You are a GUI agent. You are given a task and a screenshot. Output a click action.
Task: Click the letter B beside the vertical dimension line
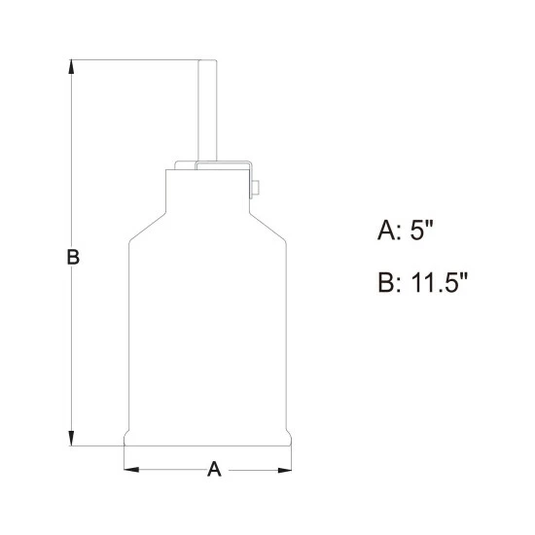coord(73,257)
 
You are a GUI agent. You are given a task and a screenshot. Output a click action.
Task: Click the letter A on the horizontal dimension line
coord(214,469)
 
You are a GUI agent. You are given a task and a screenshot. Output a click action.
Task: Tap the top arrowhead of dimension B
coord(71,66)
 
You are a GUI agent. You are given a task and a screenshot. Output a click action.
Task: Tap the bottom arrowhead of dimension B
coord(71,439)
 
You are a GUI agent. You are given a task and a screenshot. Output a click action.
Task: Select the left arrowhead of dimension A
coord(131,470)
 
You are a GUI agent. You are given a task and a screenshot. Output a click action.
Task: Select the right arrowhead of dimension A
coord(285,470)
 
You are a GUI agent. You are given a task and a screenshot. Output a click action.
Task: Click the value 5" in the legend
coord(421,230)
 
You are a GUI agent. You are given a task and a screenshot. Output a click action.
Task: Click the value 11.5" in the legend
coord(439,282)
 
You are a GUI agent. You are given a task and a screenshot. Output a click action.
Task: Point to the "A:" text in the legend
coord(388,231)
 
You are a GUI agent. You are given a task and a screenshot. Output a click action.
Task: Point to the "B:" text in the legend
coord(389,282)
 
